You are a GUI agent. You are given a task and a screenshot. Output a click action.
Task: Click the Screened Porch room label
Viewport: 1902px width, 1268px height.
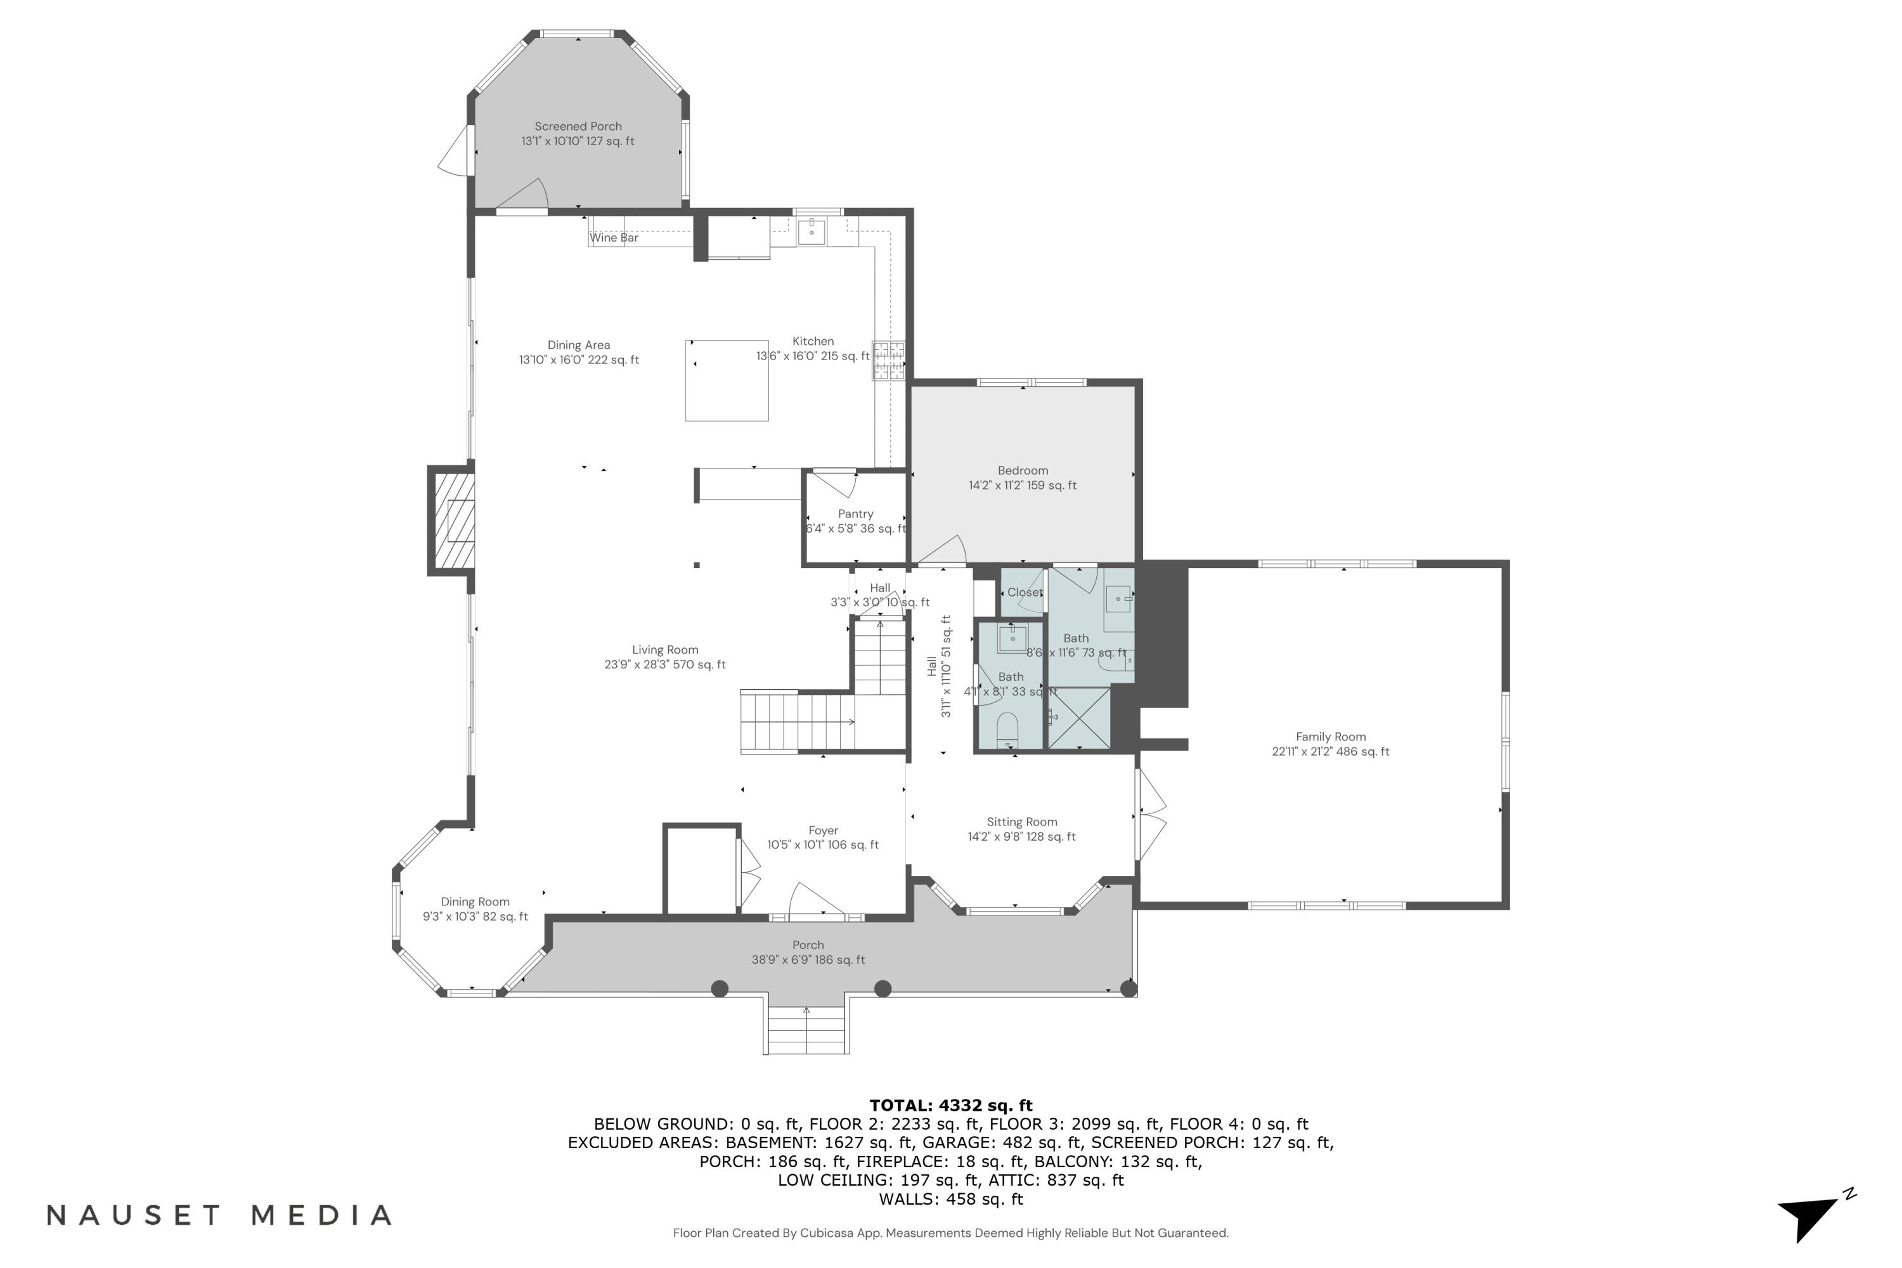click(x=578, y=126)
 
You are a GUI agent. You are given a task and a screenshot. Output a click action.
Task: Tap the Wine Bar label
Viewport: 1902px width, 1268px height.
click(x=614, y=238)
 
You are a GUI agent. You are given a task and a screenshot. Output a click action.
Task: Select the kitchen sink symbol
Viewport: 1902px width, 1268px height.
click(x=811, y=231)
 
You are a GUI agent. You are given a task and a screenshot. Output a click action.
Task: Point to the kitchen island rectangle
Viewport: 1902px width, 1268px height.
click(x=726, y=380)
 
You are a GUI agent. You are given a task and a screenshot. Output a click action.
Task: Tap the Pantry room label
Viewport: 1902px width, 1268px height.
click(x=855, y=514)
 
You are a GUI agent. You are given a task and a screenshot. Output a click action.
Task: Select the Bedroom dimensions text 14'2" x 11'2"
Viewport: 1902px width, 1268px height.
click(x=1022, y=485)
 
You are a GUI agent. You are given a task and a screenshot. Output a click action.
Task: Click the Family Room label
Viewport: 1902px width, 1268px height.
click(x=1330, y=737)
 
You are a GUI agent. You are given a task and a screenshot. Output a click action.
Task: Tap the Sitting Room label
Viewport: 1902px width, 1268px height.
click(x=1021, y=822)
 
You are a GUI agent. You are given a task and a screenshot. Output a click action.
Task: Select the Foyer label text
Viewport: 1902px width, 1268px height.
click(x=823, y=831)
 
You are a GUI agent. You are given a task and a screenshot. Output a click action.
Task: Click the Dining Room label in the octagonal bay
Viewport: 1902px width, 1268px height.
click(x=475, y=902)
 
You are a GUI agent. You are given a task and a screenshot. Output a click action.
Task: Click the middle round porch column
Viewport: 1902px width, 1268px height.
click(x=883, y=988)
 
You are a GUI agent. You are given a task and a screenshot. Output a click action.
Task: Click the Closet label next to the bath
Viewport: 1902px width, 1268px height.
click(x=1025, y=593)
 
